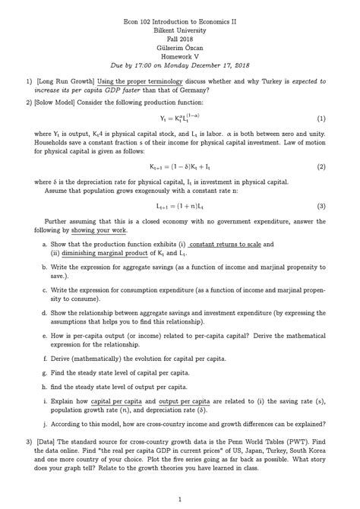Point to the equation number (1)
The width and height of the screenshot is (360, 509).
click(321, 119)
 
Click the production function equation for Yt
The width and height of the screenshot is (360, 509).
click(180, 119)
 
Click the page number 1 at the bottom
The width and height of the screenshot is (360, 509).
click(180, 499)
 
